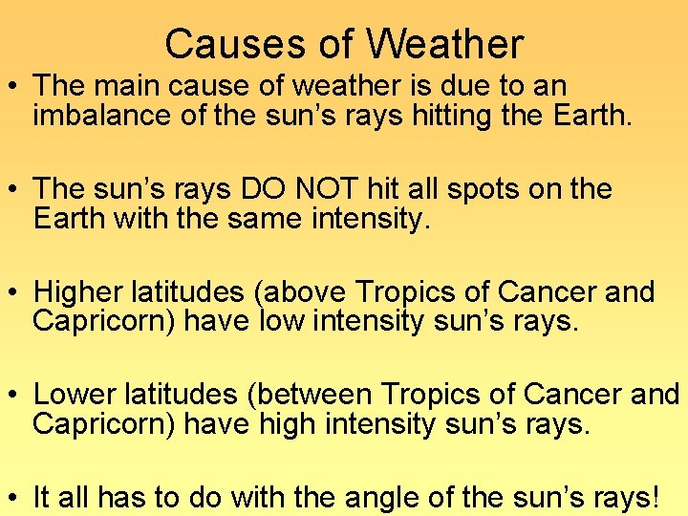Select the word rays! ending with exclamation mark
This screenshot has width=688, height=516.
tap(625, 497)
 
